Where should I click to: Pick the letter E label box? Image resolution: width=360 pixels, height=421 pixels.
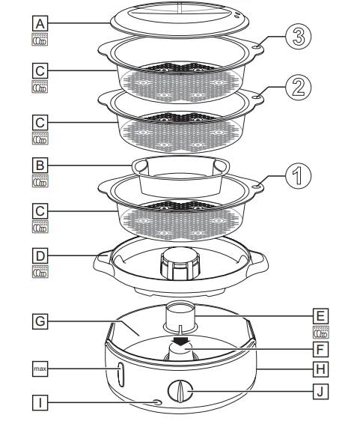pos(319,315)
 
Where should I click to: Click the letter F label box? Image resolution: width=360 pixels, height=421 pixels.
pos(319,349)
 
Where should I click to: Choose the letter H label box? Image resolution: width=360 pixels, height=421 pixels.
pos(319,369)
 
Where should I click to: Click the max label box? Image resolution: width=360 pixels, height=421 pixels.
pos(38,369)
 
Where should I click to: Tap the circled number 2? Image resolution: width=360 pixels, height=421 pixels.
pos(298,88)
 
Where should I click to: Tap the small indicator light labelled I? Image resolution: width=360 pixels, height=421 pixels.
pos(156,404)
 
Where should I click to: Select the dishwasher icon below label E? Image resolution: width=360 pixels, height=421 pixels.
pos(320,333)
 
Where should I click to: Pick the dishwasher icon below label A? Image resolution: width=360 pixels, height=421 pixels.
pos(38,40)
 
